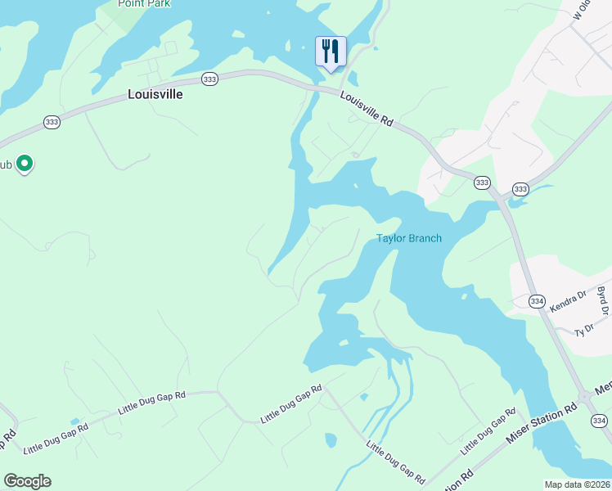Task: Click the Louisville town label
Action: coord(155,94)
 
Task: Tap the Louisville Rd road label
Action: coord(367,109)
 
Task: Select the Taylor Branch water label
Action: coord(409,239)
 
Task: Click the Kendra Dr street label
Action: coord(569,303)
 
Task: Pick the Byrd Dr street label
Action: coord(603,301)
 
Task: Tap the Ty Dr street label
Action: coord(583,331)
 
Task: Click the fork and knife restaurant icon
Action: coord(331,52)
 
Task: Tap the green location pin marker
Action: coord(25,164)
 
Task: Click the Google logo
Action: coord(27,481)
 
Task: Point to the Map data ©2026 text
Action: coord(577,484)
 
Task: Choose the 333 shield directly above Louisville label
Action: coord(210,79)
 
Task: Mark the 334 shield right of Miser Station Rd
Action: coord(600,421)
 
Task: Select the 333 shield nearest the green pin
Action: coord(52,122)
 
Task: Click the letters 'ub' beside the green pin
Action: coord(6,164)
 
